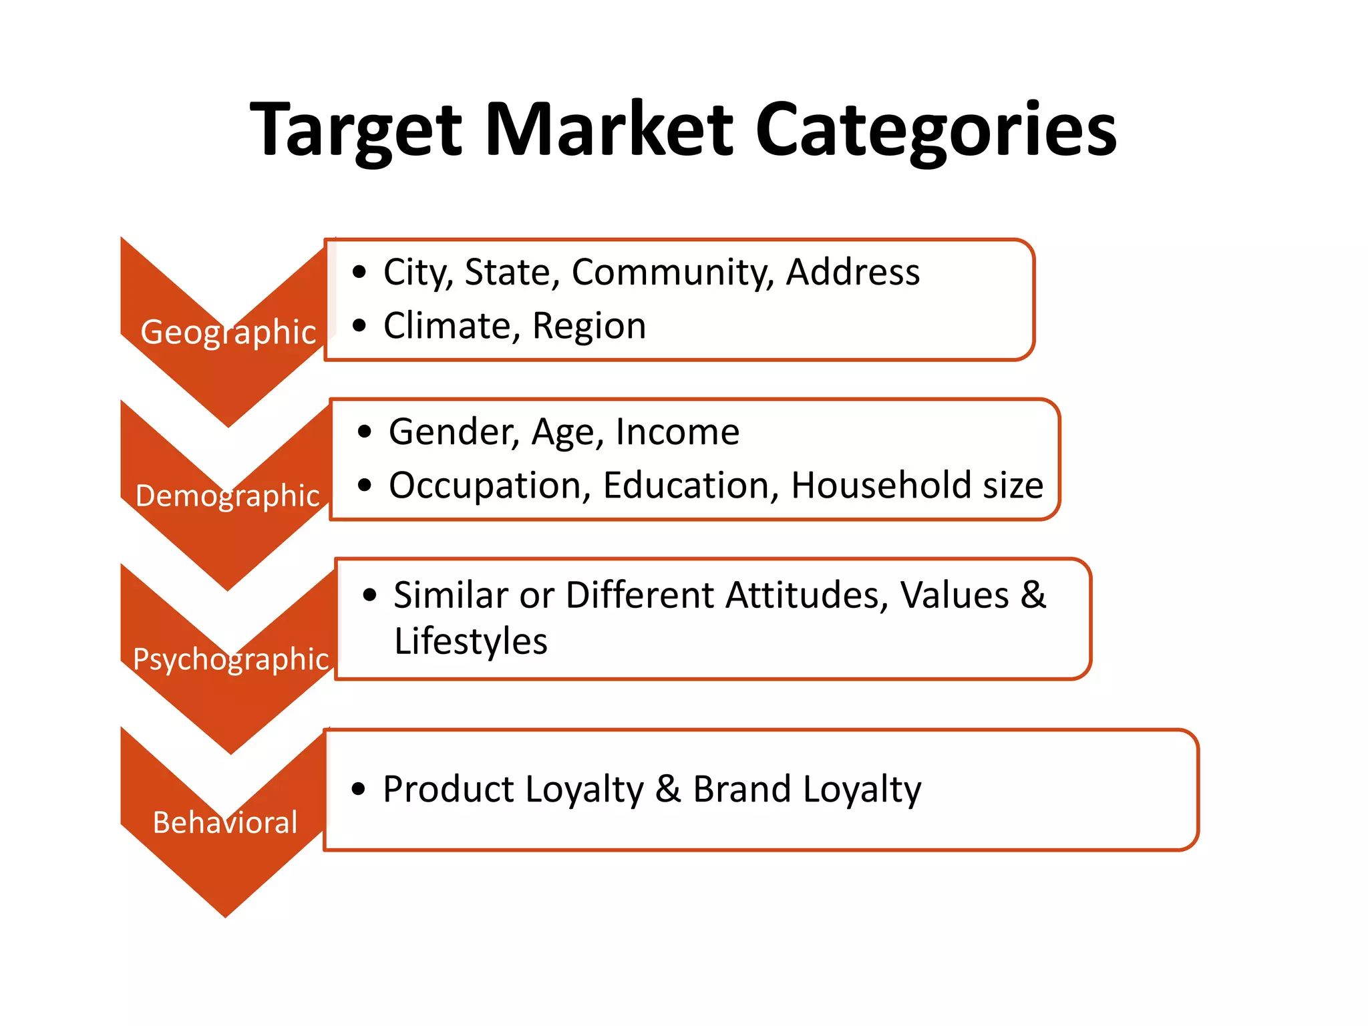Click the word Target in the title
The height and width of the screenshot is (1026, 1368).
click(356, 130)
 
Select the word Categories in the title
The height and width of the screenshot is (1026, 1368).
click(936, 130)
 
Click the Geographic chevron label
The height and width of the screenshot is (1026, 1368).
click(228, 332)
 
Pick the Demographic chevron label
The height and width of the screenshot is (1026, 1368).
click(228, 496)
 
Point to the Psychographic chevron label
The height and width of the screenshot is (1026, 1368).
click(231, 659)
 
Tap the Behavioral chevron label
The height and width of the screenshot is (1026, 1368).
click(225, 822)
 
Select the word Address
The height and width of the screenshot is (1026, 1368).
click(853, 272)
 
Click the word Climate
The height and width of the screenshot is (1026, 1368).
click(451, 326)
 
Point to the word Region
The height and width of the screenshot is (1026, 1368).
click(589, 327)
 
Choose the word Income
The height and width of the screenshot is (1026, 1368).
click(677, 432)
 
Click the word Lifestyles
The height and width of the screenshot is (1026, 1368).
click(471, 642)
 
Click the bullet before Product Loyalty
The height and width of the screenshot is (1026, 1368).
click(359, 789)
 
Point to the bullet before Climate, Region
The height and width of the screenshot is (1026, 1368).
click(359, 325)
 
